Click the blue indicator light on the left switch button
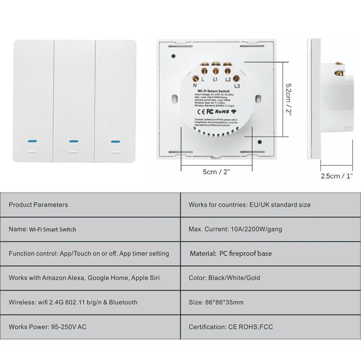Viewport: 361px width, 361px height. (x=32, y=141)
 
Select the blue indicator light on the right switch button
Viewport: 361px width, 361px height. (x=114, y=141)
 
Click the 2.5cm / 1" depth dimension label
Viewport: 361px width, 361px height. (x=337, y=176)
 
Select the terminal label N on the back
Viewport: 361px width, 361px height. (x=195, y=85)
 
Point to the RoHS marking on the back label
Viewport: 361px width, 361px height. (x=223, y=110)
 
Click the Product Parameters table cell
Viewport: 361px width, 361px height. (x=38, y=205)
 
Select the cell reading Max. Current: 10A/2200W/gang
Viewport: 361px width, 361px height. (x=235, y=229)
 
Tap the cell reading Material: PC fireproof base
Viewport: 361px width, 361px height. (x=231, y=254)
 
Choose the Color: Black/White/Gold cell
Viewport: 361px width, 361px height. (x=224, y=278)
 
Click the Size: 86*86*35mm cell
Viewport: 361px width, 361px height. (x=216, y=302)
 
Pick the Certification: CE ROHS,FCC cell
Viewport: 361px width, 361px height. (x=231, y=327)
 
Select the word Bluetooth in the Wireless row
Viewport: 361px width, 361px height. (x=122, y=302)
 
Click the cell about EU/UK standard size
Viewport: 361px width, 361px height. (x=250, y=205)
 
